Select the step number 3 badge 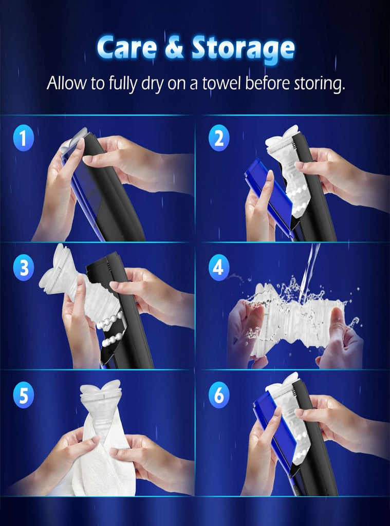point(23,268)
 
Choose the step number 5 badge point(23,396)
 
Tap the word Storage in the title point(243,49)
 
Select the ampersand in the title point(175,49)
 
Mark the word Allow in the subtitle point(64,83)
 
